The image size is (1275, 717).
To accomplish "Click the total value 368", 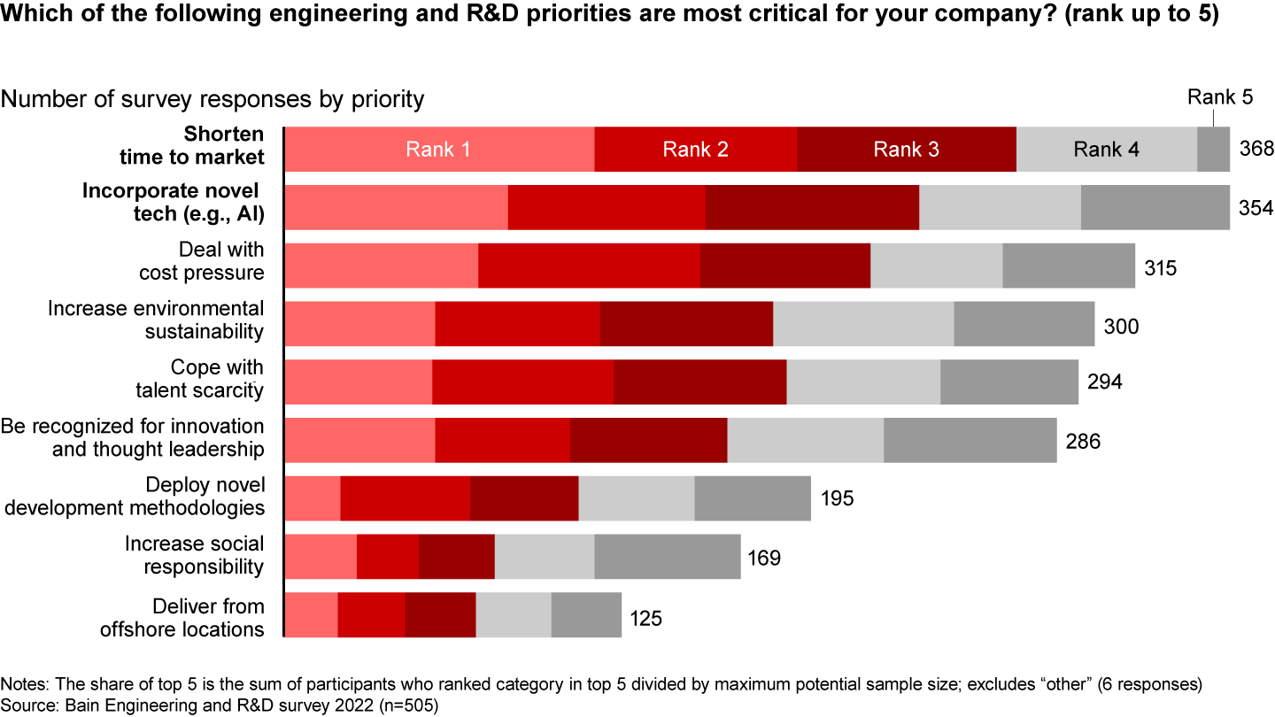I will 1255,150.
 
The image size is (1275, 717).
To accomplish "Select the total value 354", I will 1255,208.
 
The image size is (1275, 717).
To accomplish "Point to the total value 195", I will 836,499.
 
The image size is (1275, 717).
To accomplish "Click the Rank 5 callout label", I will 1219,97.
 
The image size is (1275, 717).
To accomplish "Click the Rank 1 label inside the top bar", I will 437,150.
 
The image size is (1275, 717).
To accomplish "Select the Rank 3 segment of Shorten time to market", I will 906,150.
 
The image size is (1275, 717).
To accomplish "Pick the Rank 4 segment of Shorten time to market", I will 1106,150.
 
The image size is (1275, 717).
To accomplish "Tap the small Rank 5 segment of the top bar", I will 1213,150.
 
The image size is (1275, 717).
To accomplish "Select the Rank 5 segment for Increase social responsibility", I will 667,557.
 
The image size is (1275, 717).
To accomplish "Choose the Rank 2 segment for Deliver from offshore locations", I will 371,615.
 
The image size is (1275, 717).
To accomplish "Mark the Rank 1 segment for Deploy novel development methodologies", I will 313,498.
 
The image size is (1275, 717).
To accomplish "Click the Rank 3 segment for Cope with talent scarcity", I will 699,382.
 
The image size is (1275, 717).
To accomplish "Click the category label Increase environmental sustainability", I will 156,320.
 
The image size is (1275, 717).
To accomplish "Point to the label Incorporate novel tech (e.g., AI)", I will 174,204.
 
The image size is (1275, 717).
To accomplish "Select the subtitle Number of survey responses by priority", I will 212,99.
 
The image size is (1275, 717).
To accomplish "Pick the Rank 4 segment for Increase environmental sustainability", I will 863,323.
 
